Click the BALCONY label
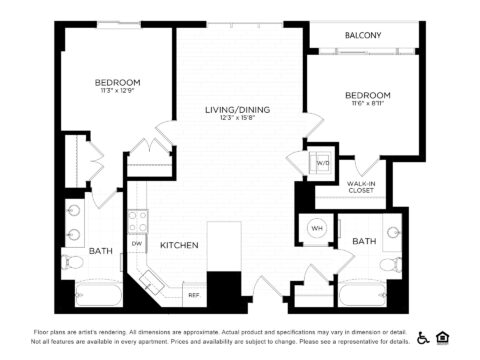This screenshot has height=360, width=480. pos(363,35)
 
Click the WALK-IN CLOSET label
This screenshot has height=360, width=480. pos(362,187)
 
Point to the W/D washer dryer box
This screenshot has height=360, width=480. pos(322,163)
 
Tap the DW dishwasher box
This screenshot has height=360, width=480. pos(137,243)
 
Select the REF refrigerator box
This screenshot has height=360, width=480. pos(193,294)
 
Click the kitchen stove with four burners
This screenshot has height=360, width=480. pos(137,218)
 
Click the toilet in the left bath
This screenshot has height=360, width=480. pos(70,263)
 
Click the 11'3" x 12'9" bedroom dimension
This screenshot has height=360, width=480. pos(117,92)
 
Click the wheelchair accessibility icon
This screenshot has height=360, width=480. pos(422,336)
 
